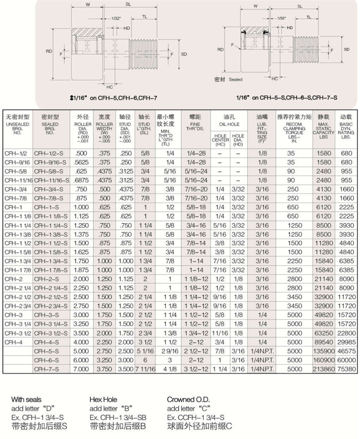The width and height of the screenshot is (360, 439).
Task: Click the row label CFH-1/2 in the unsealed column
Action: tap(12, 153)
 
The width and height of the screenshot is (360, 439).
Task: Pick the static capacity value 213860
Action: tap(324, 369)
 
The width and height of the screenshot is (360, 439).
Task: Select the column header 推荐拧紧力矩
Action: tap(294, 117)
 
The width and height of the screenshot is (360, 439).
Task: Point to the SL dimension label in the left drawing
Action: tap(128, 5)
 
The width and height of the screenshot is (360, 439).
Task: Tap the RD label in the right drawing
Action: tap(221, 49)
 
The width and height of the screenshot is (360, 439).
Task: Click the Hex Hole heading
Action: tap(103, 400)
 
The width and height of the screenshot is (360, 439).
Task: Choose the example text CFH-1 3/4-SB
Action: tap(118, 418)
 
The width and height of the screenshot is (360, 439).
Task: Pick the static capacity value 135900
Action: tap(324, 351)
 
